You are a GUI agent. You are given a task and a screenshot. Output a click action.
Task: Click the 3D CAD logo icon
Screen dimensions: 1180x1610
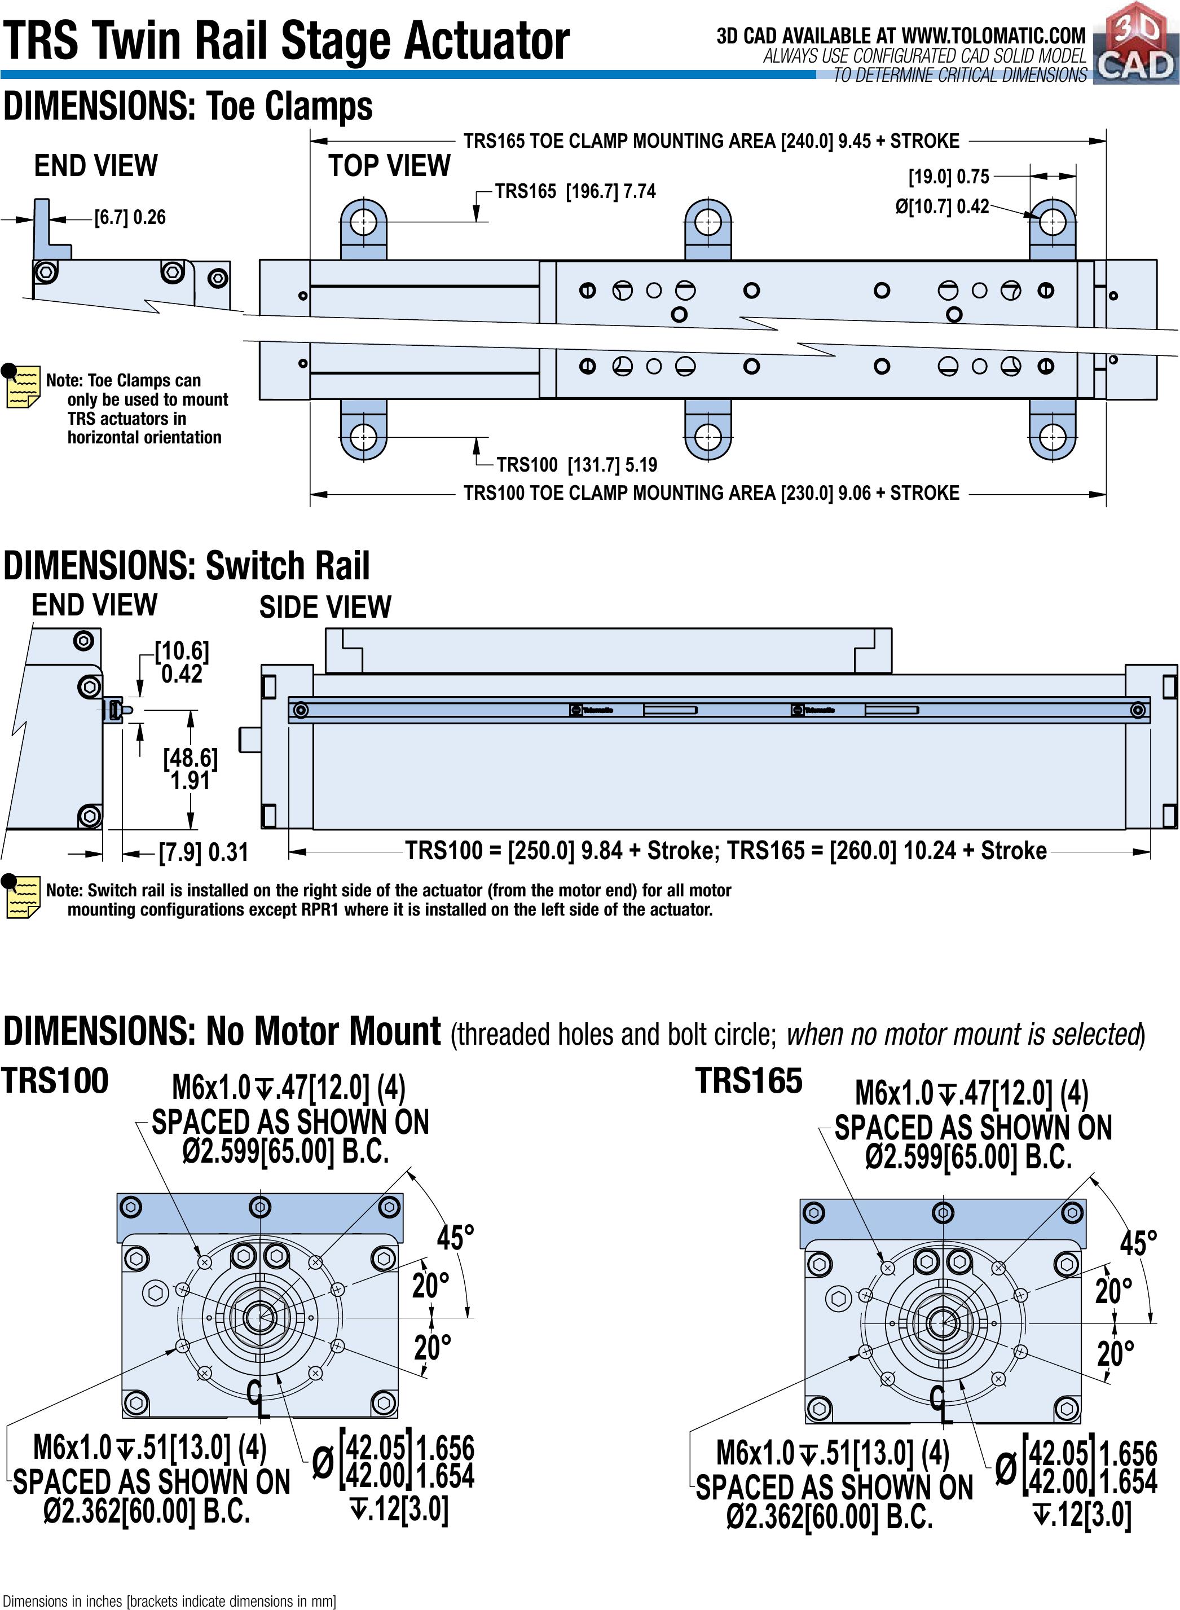pyautogui.click(x=1135, y=43)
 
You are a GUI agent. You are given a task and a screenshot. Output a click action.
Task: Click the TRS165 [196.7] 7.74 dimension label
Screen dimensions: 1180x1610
pyautogui.click(x=575, y=191)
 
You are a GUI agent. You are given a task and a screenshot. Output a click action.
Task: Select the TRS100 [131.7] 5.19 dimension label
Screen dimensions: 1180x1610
pyautogui.click(x=577, y=465)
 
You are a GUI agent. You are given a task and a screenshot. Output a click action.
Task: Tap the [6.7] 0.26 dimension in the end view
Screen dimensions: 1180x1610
pyautogui.click(x=130, y=217)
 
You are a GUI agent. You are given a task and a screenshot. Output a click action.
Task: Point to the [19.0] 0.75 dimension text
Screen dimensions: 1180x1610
pyautogui.click(x=949, y=177)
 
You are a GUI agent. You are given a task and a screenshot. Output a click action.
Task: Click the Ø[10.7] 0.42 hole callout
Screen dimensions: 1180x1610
pyautogui.click(x=942, y=207)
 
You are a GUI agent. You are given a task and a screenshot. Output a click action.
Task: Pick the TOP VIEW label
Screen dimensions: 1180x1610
pyautogui.click(x=389, y=166)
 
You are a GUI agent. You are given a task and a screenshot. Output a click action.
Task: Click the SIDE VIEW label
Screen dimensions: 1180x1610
pyautogui.click(x=325, y=607)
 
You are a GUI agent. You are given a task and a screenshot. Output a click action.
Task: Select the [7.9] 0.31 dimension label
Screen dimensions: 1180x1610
pyautogui.click(x=204, y=852)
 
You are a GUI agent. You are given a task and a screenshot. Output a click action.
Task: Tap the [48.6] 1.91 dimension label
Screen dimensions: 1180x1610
pyautogui.click(x=190, y=768)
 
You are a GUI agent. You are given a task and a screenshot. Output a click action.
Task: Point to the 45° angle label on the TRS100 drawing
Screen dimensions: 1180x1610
pyautogui.click(x=455, y=1238)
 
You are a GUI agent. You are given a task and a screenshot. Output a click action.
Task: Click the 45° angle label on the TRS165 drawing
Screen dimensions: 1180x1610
pyautogui.click(x=1138, y=1243)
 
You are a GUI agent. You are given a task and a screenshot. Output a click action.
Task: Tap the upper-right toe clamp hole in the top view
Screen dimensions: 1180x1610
pyautogui.click(x=1052, y=222)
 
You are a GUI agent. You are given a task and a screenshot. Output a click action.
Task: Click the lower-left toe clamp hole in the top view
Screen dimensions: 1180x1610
pyautogui.click(x=364, y=436)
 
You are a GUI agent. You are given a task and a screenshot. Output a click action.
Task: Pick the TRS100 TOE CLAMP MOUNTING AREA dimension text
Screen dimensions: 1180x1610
pyautogui.click(x=711, y=493)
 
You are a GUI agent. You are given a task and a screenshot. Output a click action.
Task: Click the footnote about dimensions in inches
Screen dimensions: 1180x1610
pyautogui.click(x=169, y=1601)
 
